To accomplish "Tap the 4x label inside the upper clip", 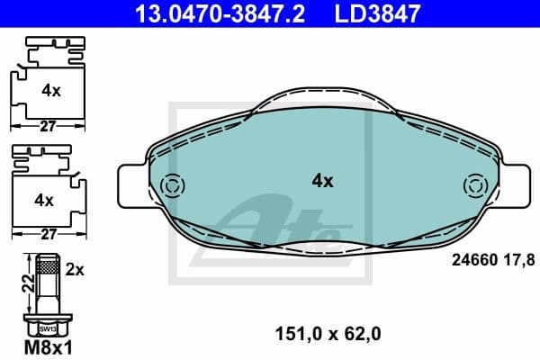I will click(x=50, y=91).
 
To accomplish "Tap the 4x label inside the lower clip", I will click(x=50, y=197).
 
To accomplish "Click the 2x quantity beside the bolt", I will click(x=76, y=269).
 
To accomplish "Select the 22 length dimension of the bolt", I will click(x=28, y=283).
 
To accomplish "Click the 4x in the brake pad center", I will click(x=322, y=181).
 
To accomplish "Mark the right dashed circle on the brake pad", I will click(x=472, y=186).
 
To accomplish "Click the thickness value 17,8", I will click(x=519, y=260).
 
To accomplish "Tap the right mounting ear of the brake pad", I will click(x=509, y=186).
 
